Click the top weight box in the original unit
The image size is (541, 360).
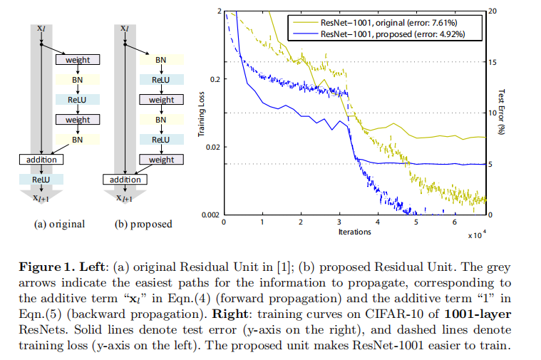(x=78, y=61)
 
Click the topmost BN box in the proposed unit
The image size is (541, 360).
(x=162, y=61)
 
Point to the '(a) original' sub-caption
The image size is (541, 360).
(x=60, y=224)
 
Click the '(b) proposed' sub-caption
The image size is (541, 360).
(x=145, y=224)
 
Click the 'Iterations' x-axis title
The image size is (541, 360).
(x=356, y=232)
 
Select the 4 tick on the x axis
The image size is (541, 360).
(x=378, y=222)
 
